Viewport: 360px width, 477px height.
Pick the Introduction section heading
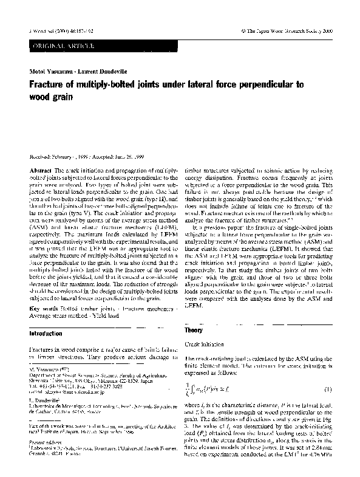(47, 334)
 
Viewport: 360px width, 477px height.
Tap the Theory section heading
(194, 329)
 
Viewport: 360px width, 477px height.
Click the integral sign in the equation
(194, 386)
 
